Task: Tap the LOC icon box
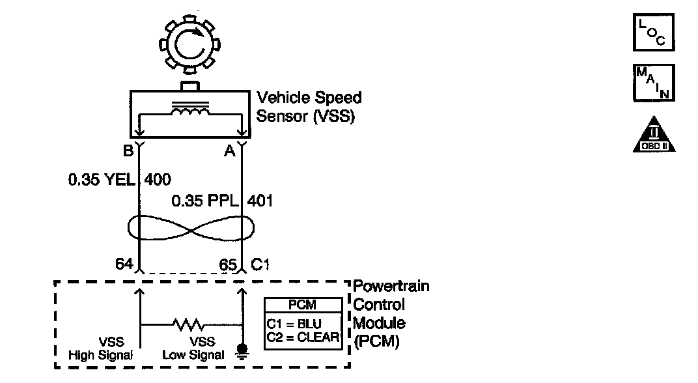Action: coord(653,33)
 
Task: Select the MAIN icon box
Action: coord(653,83)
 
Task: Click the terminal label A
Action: coord(229,150)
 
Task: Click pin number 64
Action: coord(123,264)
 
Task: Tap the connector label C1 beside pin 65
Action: coord(260,264)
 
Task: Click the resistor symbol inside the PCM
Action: coord(189,324)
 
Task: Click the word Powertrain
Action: coord(391,287)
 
